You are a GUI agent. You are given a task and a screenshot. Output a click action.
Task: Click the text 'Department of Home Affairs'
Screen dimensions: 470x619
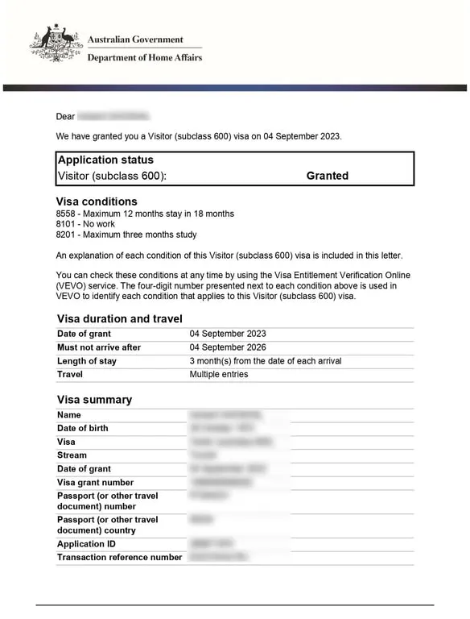point(144,57)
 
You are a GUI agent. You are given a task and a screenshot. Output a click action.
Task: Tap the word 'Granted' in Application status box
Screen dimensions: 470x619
point(327,176)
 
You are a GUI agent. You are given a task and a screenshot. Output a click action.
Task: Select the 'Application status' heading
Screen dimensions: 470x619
point(105,160)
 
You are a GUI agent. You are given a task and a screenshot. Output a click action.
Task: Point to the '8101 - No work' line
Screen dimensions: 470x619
point(87,224)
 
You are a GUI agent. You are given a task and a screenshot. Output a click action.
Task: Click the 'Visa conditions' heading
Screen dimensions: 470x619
point(97,201)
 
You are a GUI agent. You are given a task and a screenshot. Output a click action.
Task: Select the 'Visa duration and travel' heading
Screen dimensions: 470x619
point(119,318)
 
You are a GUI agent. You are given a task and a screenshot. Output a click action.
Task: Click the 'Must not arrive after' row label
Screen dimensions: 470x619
point(99,347)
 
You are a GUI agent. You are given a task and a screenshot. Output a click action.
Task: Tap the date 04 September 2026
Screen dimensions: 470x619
point(228,347)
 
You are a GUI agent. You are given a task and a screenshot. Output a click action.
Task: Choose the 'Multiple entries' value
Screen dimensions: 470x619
point(219,375)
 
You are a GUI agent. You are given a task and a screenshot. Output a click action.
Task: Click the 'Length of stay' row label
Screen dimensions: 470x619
point(87,361)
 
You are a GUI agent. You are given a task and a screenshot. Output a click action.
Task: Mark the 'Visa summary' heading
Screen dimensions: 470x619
point(94,400)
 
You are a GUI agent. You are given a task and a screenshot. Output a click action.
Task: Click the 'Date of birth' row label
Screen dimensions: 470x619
point(83,428)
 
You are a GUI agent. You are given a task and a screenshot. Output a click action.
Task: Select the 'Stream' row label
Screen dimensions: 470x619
point(72,455)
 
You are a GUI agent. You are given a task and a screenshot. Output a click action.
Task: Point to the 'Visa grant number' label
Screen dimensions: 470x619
point(96,483)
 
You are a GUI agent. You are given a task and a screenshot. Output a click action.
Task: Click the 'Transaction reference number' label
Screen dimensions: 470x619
point(120,557)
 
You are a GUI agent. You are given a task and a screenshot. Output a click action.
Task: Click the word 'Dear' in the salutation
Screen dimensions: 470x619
point(65,117)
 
